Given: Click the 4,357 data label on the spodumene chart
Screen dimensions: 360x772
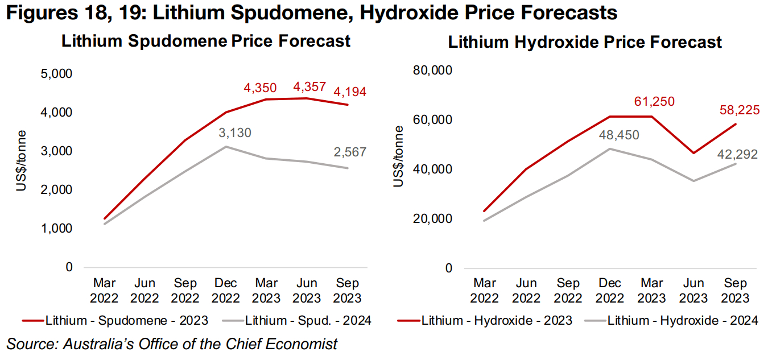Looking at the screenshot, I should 309,87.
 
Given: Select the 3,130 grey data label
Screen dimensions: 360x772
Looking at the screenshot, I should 234,133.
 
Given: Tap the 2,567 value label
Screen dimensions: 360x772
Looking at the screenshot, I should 350,152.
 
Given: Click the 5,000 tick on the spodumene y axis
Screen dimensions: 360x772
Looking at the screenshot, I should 57,74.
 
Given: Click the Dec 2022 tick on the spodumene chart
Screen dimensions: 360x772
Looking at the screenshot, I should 226,290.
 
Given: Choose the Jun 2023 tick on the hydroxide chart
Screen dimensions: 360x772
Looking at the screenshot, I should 693,290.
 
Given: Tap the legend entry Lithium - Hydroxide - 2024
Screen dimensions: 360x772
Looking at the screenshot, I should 683,321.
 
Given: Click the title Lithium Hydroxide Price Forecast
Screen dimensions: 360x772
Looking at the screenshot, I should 585,42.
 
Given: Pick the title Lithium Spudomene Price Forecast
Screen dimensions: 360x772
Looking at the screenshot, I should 205,41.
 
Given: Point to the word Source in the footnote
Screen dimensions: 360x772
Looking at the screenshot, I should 26,344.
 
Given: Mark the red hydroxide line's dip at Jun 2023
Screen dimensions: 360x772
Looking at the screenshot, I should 693,153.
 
